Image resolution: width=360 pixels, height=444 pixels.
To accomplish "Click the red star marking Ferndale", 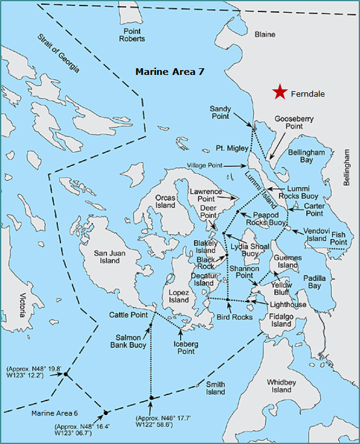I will pyautogui.click(x=279, y=92).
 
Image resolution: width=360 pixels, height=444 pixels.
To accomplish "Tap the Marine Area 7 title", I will pyautogui.click(x=169, y=72).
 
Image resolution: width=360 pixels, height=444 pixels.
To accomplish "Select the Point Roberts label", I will pyautogui.click(x=132, y=35).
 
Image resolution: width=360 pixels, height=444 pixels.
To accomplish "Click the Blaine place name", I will pyautogui.click(x=265, y=34).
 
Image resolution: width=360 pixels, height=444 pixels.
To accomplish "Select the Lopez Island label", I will pyautogui.click(x=179, y=296).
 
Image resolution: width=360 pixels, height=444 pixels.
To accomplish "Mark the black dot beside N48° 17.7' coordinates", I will pyautogui.click(x=151, y=397).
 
